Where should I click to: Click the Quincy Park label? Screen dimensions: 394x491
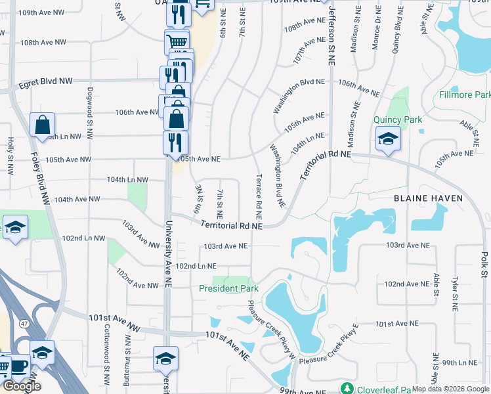coord(398,120)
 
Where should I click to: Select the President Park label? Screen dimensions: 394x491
coord(229,288)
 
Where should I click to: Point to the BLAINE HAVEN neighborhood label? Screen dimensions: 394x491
coord(428,198)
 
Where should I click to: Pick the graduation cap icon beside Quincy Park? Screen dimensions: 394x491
coord(388,139)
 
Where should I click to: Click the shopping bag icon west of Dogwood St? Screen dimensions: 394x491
coord(42,123)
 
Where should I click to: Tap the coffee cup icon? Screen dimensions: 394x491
coord(18,366)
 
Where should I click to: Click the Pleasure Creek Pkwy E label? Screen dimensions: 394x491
coord(329,353)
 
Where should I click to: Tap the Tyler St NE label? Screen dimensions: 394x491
coord(454,292)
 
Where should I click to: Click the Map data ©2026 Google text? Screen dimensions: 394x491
coord(450,389)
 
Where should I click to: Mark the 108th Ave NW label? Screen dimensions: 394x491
coord(43,42)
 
